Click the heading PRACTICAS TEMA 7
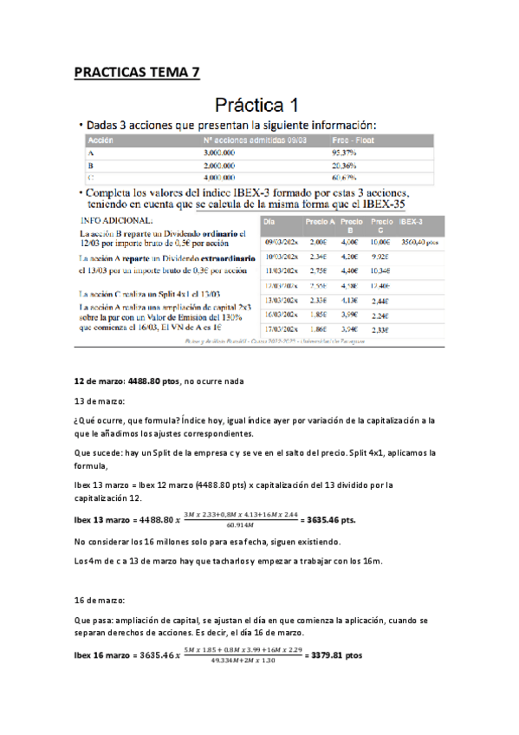coord(136,72)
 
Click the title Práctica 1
coord(259,106)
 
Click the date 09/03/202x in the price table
coord(282,244)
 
